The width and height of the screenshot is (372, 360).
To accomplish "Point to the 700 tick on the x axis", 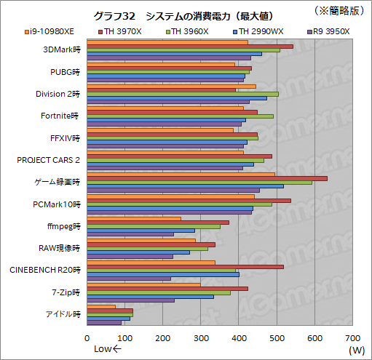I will [x=352, y=338].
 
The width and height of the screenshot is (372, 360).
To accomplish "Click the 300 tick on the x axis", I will [x=201, y=338].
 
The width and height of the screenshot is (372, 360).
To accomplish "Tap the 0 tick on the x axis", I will [x=87, y=338].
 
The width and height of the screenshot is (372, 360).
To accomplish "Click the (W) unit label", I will [x=356, y=350].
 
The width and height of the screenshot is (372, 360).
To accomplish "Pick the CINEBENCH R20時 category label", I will [x=44, y=269].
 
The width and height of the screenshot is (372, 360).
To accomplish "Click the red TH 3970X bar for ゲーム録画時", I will [x=207, y=178].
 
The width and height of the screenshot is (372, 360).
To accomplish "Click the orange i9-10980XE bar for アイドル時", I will [x=101, y=306].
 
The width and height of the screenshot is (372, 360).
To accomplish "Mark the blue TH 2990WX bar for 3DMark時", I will [x=174, y=53].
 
